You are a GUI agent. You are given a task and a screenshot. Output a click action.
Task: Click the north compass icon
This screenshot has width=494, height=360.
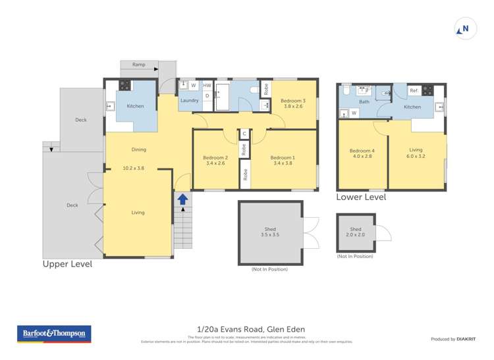tap(465, 29)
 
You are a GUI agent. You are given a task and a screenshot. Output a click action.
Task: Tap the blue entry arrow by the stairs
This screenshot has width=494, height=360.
tap(182, 199)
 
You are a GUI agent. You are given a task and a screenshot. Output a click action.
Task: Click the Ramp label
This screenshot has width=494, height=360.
tap(138, 64)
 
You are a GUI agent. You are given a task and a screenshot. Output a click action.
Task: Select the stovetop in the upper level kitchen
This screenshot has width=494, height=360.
tap(124, 84)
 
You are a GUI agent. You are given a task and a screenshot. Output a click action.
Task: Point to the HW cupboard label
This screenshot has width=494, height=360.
tap(207, 86)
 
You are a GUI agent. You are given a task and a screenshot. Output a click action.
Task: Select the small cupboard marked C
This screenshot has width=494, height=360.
tap(244, 134)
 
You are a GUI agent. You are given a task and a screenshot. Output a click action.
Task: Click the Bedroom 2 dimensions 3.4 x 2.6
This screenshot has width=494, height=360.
tap(215, 164)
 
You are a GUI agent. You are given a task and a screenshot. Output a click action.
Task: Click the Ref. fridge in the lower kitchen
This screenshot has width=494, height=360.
tap(414, 91)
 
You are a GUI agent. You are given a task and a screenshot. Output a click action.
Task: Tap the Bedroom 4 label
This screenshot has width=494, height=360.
tap(362, 151)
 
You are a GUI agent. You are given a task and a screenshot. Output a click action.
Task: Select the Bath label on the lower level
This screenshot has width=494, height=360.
tap(364, 102)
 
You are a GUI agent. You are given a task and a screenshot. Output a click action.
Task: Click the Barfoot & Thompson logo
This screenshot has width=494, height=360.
tap(54, 334)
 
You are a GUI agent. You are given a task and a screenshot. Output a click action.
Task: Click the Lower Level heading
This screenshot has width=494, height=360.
tap(361, 197)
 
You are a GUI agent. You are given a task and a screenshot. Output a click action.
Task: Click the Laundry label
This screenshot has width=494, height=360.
tap(189, 101)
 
